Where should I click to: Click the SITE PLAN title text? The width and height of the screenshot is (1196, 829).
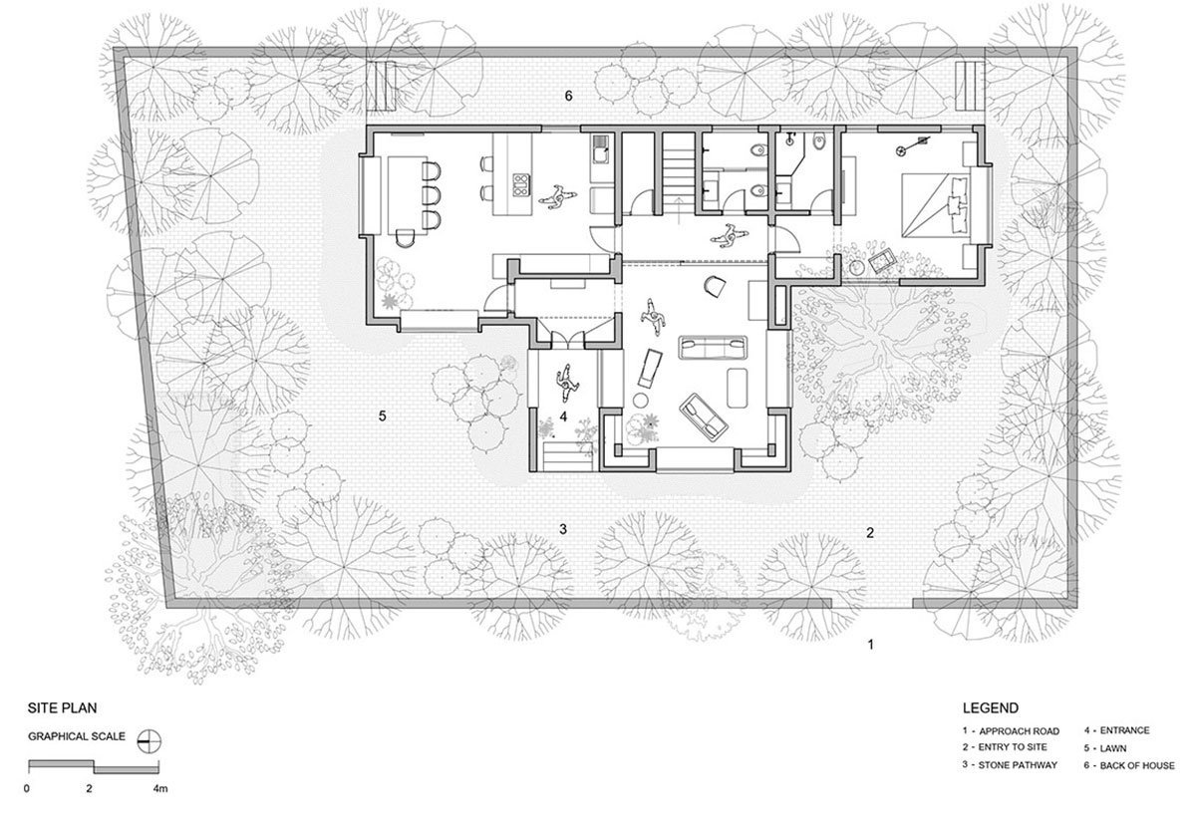tap(62, 707)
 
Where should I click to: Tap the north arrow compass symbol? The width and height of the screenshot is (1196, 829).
tap(149, 741)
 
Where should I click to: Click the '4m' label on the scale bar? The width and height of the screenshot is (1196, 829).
tap(160, 788)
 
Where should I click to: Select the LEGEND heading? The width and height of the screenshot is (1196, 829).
tap(991, 707)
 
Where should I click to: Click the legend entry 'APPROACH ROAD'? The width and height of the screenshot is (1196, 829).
tap(1019, 731)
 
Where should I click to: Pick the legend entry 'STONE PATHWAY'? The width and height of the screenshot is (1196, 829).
tap(1018, 765)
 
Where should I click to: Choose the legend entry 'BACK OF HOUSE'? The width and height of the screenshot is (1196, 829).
tap(1137, 765)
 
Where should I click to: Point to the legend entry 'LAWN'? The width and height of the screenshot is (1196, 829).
tap(1113, 748)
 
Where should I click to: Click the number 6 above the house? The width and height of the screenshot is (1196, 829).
tap(569, 96)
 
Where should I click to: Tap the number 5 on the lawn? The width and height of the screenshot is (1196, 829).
tap(383, 415)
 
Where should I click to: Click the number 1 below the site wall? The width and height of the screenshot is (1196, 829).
tap(871, 645)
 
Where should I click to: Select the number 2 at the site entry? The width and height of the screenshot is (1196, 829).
tap(870, 532)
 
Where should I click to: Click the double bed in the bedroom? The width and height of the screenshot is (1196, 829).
tap(936, 205)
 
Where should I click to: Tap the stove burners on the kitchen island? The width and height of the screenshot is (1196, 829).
tap(521, 185)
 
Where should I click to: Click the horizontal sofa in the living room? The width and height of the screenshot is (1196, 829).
tap(713, 348)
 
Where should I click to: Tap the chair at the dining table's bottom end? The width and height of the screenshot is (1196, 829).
tap(407, 236)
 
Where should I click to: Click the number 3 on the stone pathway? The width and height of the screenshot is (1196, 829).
tap(563, 529)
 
